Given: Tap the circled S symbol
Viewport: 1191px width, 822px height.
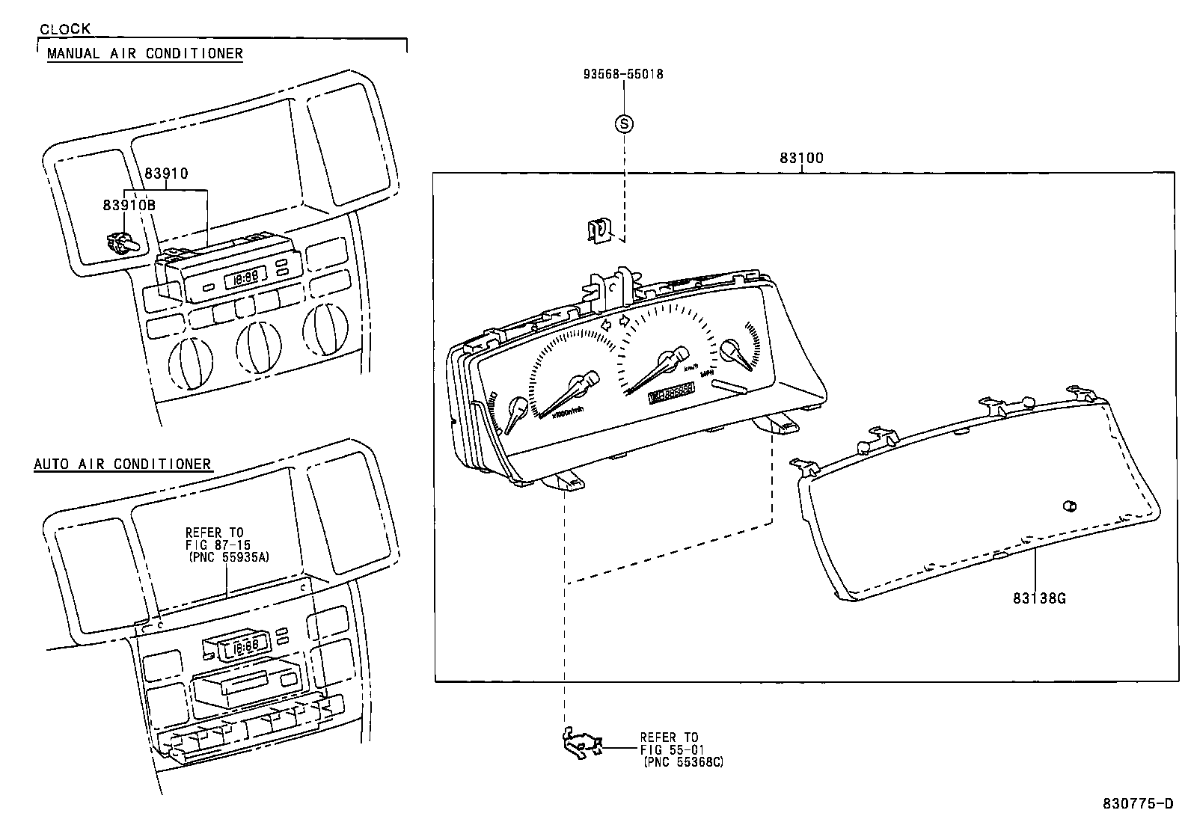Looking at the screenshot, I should point(623,124).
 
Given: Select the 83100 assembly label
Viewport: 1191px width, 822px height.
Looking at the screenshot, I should point(800,158).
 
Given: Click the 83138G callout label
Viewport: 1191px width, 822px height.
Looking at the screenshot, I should point(1039,598).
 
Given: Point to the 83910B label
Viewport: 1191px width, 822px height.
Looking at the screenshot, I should point(129,203).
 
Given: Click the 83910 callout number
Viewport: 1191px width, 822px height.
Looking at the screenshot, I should point(166,174).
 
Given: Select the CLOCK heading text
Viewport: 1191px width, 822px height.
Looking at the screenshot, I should point(65,29).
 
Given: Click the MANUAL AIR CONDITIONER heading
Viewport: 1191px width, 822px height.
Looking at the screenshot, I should point(145,53).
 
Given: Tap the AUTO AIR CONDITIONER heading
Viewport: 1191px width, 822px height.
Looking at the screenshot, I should point(123,464).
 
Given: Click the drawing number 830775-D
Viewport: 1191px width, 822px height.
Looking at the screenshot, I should point(1138,804).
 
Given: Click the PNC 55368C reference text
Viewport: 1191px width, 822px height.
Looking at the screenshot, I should point(683,761).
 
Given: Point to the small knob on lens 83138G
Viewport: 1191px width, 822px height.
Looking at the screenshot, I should point(1069,507).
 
